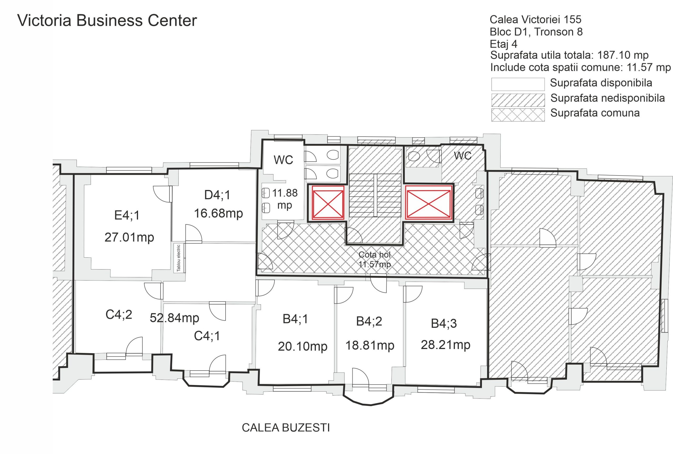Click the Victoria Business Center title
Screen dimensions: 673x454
click(x=107, y=21)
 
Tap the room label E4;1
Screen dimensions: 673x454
click(x=127, y=215)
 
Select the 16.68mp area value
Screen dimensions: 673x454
click(x=218, y=214)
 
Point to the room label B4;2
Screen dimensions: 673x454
click(x=369, y=321)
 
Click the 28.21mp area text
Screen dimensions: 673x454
click(x=445, y=345)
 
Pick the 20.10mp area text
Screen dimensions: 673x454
click(x=303, y=346)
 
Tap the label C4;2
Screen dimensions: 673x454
click(x=119, y=315)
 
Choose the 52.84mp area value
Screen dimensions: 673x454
click(x=174, y=318)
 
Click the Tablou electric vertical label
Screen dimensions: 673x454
click(x=179, y=258)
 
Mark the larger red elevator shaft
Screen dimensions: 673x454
click(x=428, y=202)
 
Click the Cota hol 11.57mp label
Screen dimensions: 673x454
click(x=375, y=260)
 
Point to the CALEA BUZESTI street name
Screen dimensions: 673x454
click(x=286, y=428)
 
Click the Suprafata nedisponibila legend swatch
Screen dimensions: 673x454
click(x=518, y=100)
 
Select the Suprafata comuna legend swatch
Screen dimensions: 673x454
click(x=518, y=115)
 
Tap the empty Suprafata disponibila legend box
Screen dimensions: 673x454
click(x=518, y=84)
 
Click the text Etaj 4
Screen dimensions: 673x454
click(x=503, y=44)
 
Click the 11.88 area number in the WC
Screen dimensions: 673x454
click(x=285, y=193)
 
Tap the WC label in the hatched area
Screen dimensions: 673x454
click(x=462, y=156)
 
